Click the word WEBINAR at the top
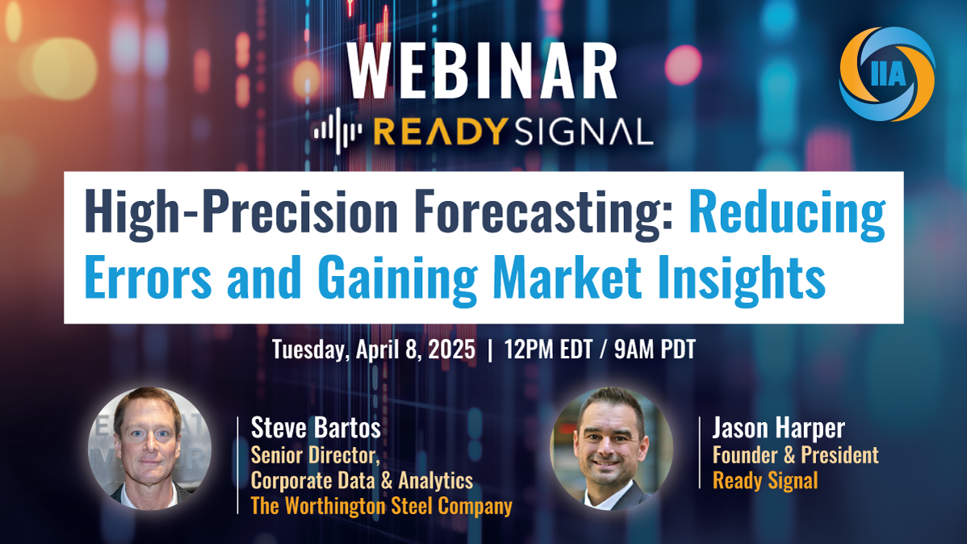click(x=482, y=71)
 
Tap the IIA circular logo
click(x=887, y=74)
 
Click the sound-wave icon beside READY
click(x=338, y=131)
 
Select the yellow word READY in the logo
click(x=441, y=132)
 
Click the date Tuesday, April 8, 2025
click(x=374, y=349)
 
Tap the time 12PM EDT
click(x=547, y=349)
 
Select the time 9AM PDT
click(x=655, y=349)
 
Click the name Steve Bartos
click(x=316, y=428)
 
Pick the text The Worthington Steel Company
click(x=382, y=506)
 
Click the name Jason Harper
click(x=778, y=428)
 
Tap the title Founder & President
click(x=796, y=455)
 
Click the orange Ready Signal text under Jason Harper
click(x=765, y=480)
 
